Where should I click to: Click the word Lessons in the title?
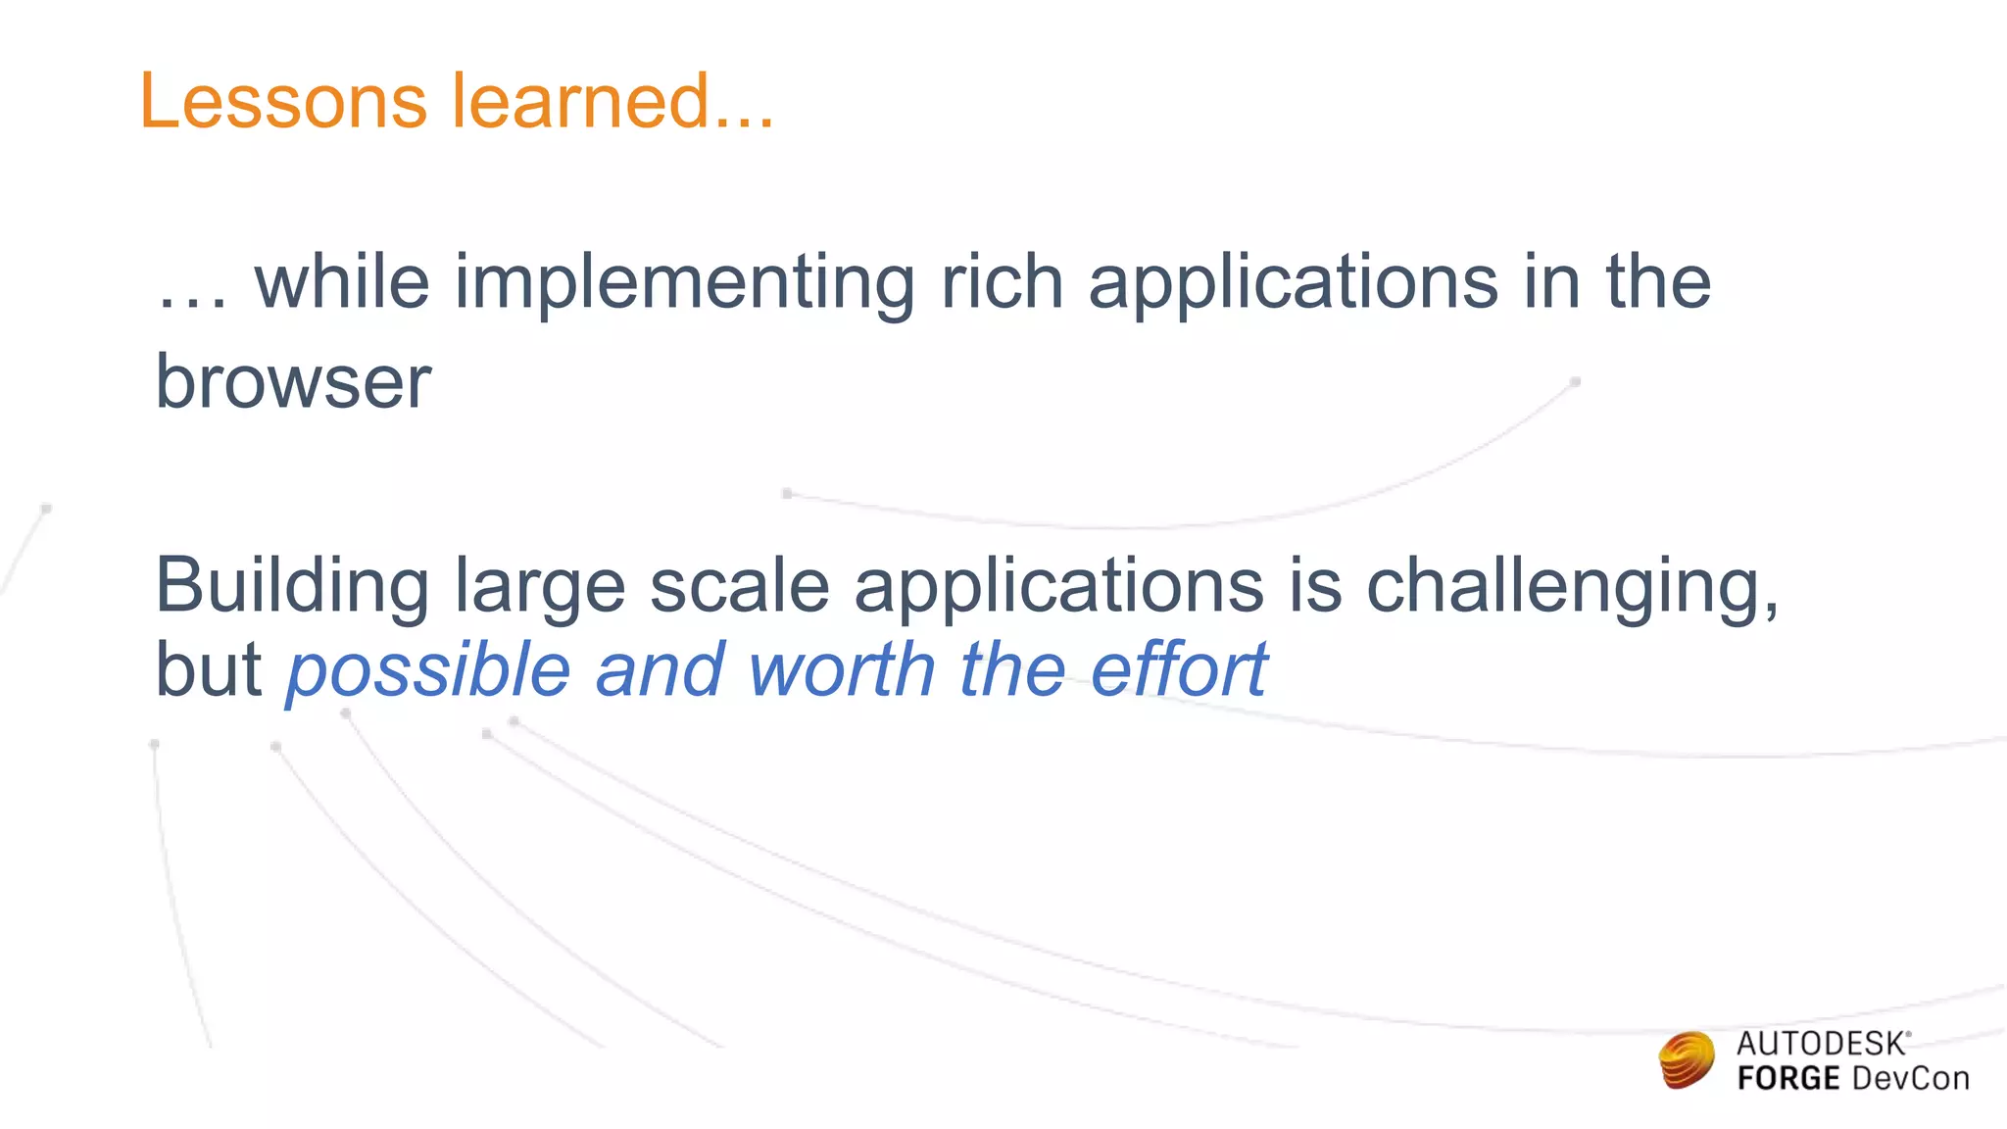pyautogui.click(x=283, y=101)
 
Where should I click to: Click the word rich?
pyautogui.click(x=1002, y=282)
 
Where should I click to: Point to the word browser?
pyautogui.click(x=293, y=381)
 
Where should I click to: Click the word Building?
pyautogui.click(x=291, y=587)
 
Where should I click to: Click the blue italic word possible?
pyautogui.click(x=428, y=671)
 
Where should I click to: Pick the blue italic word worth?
pyautogui.click(x=841, y=670)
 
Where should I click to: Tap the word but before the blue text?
pyautogui.click(x=209, y=670)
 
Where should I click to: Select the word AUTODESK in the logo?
pyautogui.click(x=1821, y=1044)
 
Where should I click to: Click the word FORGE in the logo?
pyautogui.click(x=1787, y=1079)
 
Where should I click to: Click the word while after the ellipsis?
pyautogui.click(x=342, y=282)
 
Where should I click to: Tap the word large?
pyautogui.click(x=539, y=587)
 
